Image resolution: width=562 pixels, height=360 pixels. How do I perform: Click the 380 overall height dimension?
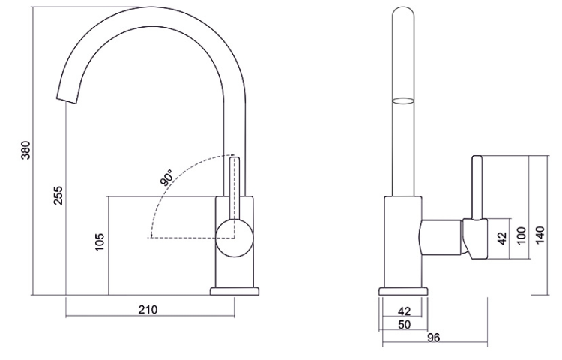pyautogui.click(x=25, y=150)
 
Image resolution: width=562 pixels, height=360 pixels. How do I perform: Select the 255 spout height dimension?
pyautogui.click(x=58, y=196)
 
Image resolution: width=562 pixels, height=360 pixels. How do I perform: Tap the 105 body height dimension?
pyautogui.click(x=100, y=242)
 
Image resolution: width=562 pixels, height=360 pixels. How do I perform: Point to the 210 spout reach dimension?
pyautogui.click(x=148, y=309)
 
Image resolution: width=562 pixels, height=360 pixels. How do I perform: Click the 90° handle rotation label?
pyautogui.click(x=166, y=178)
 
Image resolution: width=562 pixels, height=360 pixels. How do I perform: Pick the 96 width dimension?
pyautogui.click(x=433, y=337)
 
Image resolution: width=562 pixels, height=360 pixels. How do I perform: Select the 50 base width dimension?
pyautogui.click(x=404, y=324)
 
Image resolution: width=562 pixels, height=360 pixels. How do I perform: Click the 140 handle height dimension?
pyautogui.click(x=540, y=235)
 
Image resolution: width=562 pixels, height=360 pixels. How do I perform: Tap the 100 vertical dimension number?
pyautogui.click(x=522, y=235)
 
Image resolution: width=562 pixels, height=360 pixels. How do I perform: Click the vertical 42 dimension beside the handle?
pyautogui.click(x=503, y=238)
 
